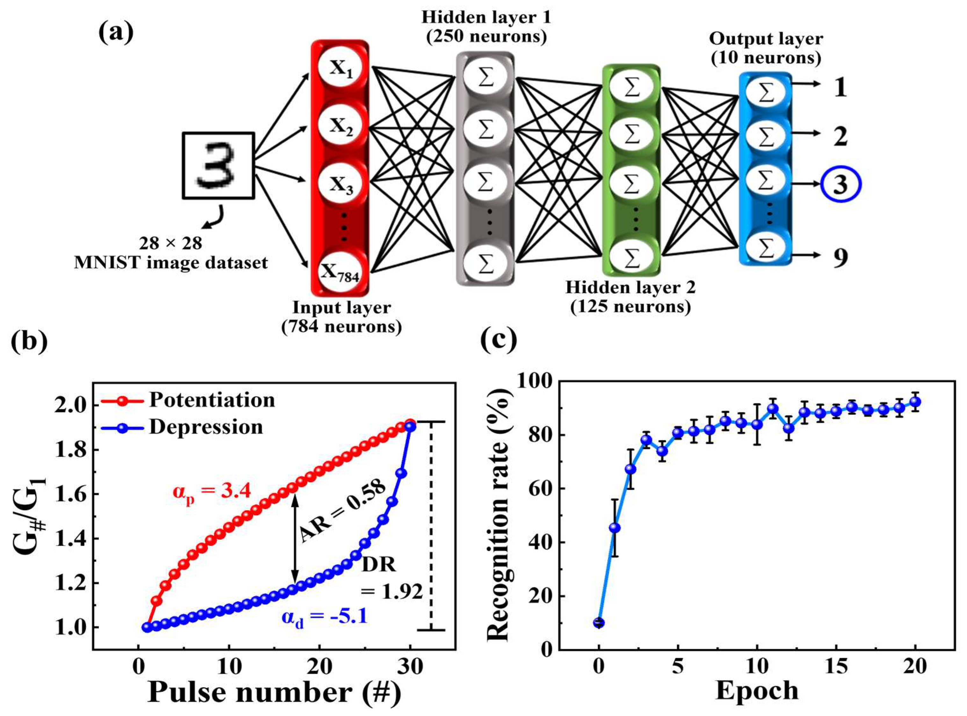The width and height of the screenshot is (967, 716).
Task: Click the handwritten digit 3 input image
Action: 218,165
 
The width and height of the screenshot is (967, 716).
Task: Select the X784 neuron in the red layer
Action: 340,272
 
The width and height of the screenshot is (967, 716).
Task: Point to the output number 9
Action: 840,258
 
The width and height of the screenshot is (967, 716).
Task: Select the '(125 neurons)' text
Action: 631,307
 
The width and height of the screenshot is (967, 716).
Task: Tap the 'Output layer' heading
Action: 766,39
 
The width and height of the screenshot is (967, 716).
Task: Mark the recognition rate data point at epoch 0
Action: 599,623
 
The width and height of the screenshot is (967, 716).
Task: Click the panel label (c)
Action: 499,340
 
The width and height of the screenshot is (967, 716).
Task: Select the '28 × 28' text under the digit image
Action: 170,244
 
